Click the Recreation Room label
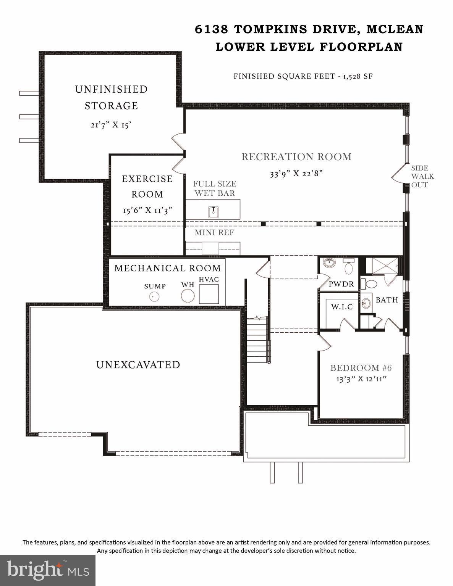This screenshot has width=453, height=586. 296,157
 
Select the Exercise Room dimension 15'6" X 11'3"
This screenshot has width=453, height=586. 147,210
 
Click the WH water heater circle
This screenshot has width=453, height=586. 188,296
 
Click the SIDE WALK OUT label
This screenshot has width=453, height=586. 422,176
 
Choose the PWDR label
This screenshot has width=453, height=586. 341,284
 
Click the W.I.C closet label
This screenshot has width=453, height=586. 342,307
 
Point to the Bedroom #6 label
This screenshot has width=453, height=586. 361,368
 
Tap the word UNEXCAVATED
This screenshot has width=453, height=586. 138,365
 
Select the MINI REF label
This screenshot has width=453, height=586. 214,232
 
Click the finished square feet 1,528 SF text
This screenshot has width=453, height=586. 303,76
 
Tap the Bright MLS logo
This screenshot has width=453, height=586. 48,570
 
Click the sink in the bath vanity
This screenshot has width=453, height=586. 366,303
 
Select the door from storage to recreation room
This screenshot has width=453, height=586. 178,142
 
